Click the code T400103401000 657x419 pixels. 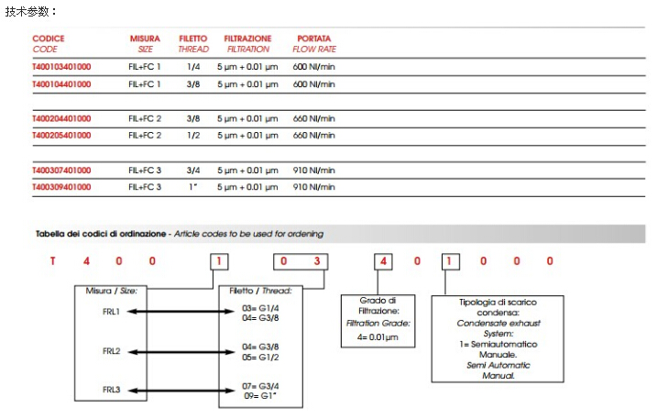(61, 67)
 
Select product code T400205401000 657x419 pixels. (61, 135)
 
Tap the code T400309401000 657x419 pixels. (61, 186)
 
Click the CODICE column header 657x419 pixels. (49, 39)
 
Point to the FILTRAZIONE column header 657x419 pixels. (248, 39)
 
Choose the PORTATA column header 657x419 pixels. (313, 39)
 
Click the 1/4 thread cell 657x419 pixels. (193, 67)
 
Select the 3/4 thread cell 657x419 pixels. (193, 170)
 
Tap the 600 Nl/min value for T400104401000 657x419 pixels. (313, 83)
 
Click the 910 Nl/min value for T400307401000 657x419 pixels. (313, 170)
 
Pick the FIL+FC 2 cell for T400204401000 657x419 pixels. (145, 118)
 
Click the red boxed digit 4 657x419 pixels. (385, 261)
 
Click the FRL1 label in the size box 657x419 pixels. (111, 312)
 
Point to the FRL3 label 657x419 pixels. (111, 390)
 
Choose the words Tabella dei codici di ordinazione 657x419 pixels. (101, 234)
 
